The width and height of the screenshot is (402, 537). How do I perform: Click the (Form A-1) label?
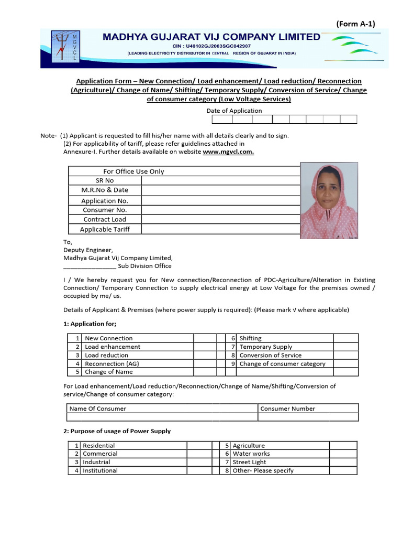pos(355,24)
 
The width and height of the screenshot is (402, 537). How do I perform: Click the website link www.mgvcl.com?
pos(228,152)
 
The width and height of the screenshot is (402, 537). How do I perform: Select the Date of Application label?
pos(234,111)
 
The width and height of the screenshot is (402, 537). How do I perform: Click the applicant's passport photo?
pos(329,201)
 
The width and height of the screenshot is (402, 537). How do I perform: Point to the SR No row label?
pos(105,180)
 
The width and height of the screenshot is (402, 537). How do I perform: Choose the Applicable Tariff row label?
pos(105,229)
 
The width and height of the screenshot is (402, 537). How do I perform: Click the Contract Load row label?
pos(105,220)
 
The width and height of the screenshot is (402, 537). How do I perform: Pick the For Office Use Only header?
pos(133,171)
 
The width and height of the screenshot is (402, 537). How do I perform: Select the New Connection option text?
pos(109,338)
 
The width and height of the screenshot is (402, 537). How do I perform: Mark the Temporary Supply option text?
pos(266,347)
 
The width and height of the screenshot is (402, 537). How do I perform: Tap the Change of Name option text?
pos(109,372)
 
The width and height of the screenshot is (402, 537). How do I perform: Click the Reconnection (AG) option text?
pos(112,363)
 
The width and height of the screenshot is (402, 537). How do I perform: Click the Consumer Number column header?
pos(288,409)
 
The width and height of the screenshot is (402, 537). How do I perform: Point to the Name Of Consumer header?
pos(98,409)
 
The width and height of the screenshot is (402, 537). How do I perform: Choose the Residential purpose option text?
pos(99,446)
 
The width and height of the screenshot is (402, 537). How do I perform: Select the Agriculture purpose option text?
pos(249,446)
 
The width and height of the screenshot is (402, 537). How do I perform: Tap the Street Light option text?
pos(249,462)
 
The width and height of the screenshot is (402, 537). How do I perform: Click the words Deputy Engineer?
pos(87,250)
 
